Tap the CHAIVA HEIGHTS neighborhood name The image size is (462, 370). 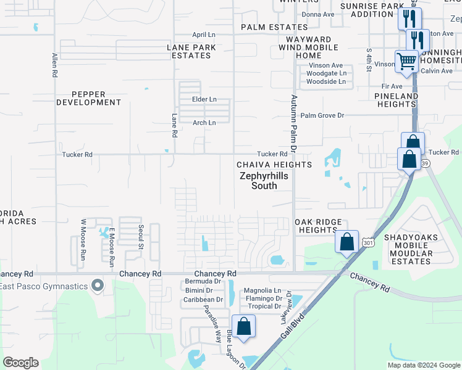274,165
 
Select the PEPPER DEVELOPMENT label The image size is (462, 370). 89,99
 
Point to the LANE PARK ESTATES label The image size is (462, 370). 191,51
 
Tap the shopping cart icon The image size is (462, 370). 407,62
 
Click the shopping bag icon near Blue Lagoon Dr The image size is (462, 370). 244,326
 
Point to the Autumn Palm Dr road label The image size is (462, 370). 294,124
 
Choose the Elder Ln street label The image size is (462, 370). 204,99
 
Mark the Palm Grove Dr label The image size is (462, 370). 322,115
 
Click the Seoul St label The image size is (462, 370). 140,237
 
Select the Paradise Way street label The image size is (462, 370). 213,323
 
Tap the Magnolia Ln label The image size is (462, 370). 262,290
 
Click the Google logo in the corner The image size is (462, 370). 20,363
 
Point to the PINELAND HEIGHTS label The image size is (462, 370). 396,100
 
